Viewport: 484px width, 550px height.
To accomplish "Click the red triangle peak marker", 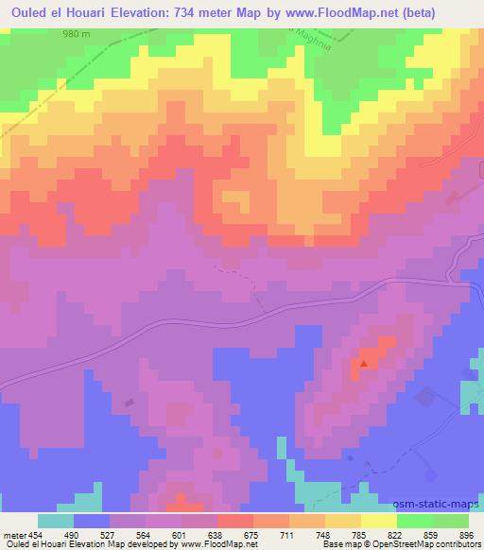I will point(364,362).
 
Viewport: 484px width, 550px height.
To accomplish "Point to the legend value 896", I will point(467,534).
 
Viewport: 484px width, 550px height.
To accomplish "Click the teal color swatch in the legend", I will point(56,521).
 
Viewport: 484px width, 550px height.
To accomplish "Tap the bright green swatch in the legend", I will point(413,521).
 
